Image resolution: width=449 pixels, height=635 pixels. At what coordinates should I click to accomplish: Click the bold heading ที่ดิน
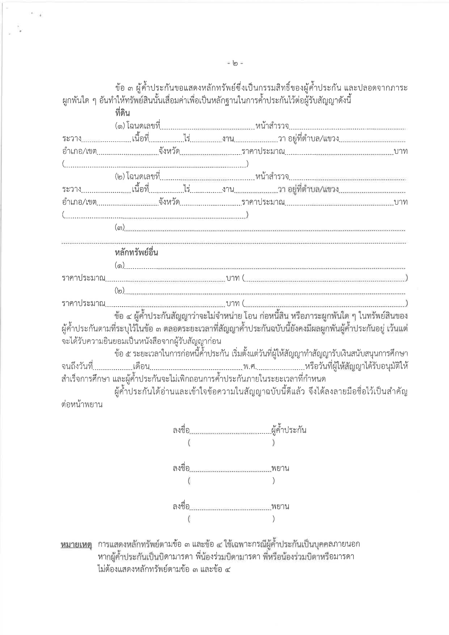(122, 113)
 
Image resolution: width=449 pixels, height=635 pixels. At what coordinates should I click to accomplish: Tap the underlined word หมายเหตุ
(76, 544)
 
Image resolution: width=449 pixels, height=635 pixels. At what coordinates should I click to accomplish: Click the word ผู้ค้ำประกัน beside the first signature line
(289, 430)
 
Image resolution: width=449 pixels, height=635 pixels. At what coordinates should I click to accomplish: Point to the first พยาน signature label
(280, 468)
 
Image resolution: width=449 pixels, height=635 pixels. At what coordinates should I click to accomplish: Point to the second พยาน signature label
(280, 506)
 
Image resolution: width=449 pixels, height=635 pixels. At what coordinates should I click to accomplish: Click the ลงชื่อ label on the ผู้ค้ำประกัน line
(181, 430)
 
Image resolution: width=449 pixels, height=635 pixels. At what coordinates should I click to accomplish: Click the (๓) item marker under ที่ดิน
(119, 228)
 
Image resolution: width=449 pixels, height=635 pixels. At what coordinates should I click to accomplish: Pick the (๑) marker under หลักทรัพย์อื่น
(119, 266)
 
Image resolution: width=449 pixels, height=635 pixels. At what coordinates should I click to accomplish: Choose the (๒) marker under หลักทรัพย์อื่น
(119, 291)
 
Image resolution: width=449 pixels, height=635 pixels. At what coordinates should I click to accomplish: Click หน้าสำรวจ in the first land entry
(272, 126)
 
